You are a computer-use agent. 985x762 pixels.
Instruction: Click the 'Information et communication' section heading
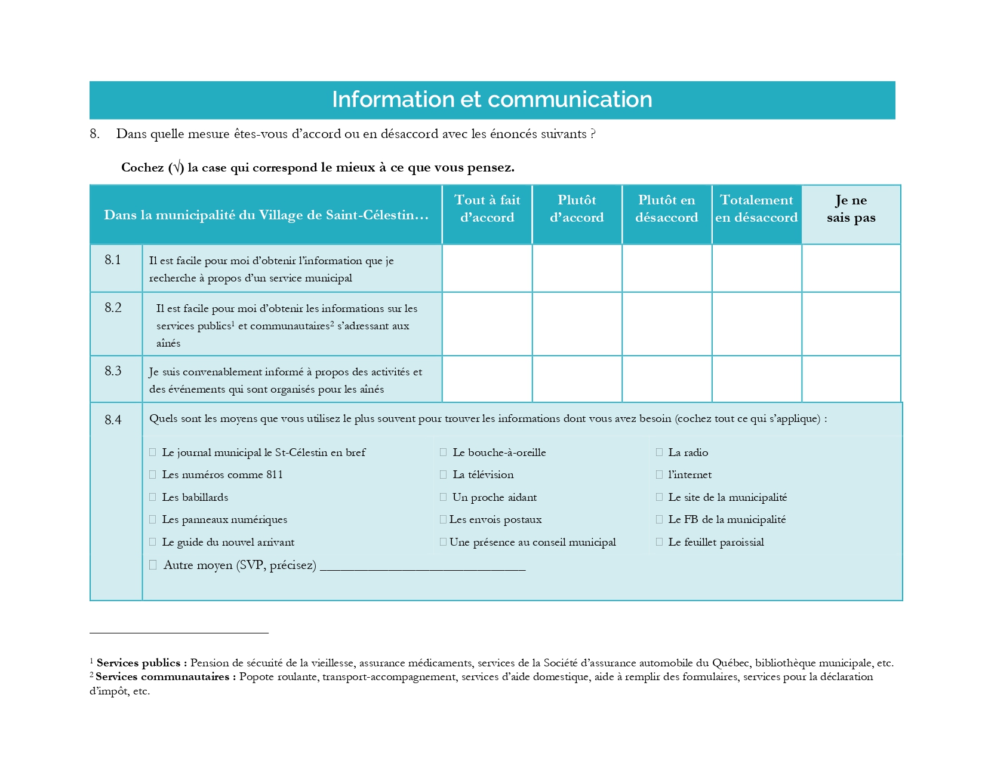(x=492, y=100)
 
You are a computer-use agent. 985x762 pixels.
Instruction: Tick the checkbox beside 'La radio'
(x=659, y=452)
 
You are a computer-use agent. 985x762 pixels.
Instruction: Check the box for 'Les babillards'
(x=153, y=497)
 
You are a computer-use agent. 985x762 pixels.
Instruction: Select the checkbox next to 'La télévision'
(x=443, y=475)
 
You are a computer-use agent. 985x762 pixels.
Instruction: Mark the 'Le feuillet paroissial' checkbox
(x=659, y=542)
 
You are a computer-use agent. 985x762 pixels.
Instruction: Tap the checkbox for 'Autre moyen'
(x=153, y=565)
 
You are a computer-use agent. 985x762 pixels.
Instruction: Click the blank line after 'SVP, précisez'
(x=423, y=566)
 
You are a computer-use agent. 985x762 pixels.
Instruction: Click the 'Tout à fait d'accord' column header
(x=487, y=209)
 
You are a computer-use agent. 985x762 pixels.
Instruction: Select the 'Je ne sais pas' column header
(x=851, y=209)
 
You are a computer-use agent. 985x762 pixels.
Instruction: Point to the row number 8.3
(x=113, y=371)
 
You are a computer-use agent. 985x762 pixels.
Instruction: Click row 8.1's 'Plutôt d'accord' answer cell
(x=577, y=268)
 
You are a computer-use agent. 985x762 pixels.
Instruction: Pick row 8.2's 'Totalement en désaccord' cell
(x=756, y=324)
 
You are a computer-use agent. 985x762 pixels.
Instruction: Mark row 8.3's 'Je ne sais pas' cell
(x=851, y=379)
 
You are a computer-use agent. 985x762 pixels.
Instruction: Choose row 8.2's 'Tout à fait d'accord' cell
(x=487, y=324)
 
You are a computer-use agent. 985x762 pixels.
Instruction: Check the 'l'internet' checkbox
(x=659, y=475)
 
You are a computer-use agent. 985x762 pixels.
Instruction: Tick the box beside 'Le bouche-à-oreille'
(x=443, y=452)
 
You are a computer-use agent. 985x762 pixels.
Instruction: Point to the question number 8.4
(x=113, y=420)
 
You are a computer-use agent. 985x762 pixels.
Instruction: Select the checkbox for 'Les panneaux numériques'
(x=153, y=519)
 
